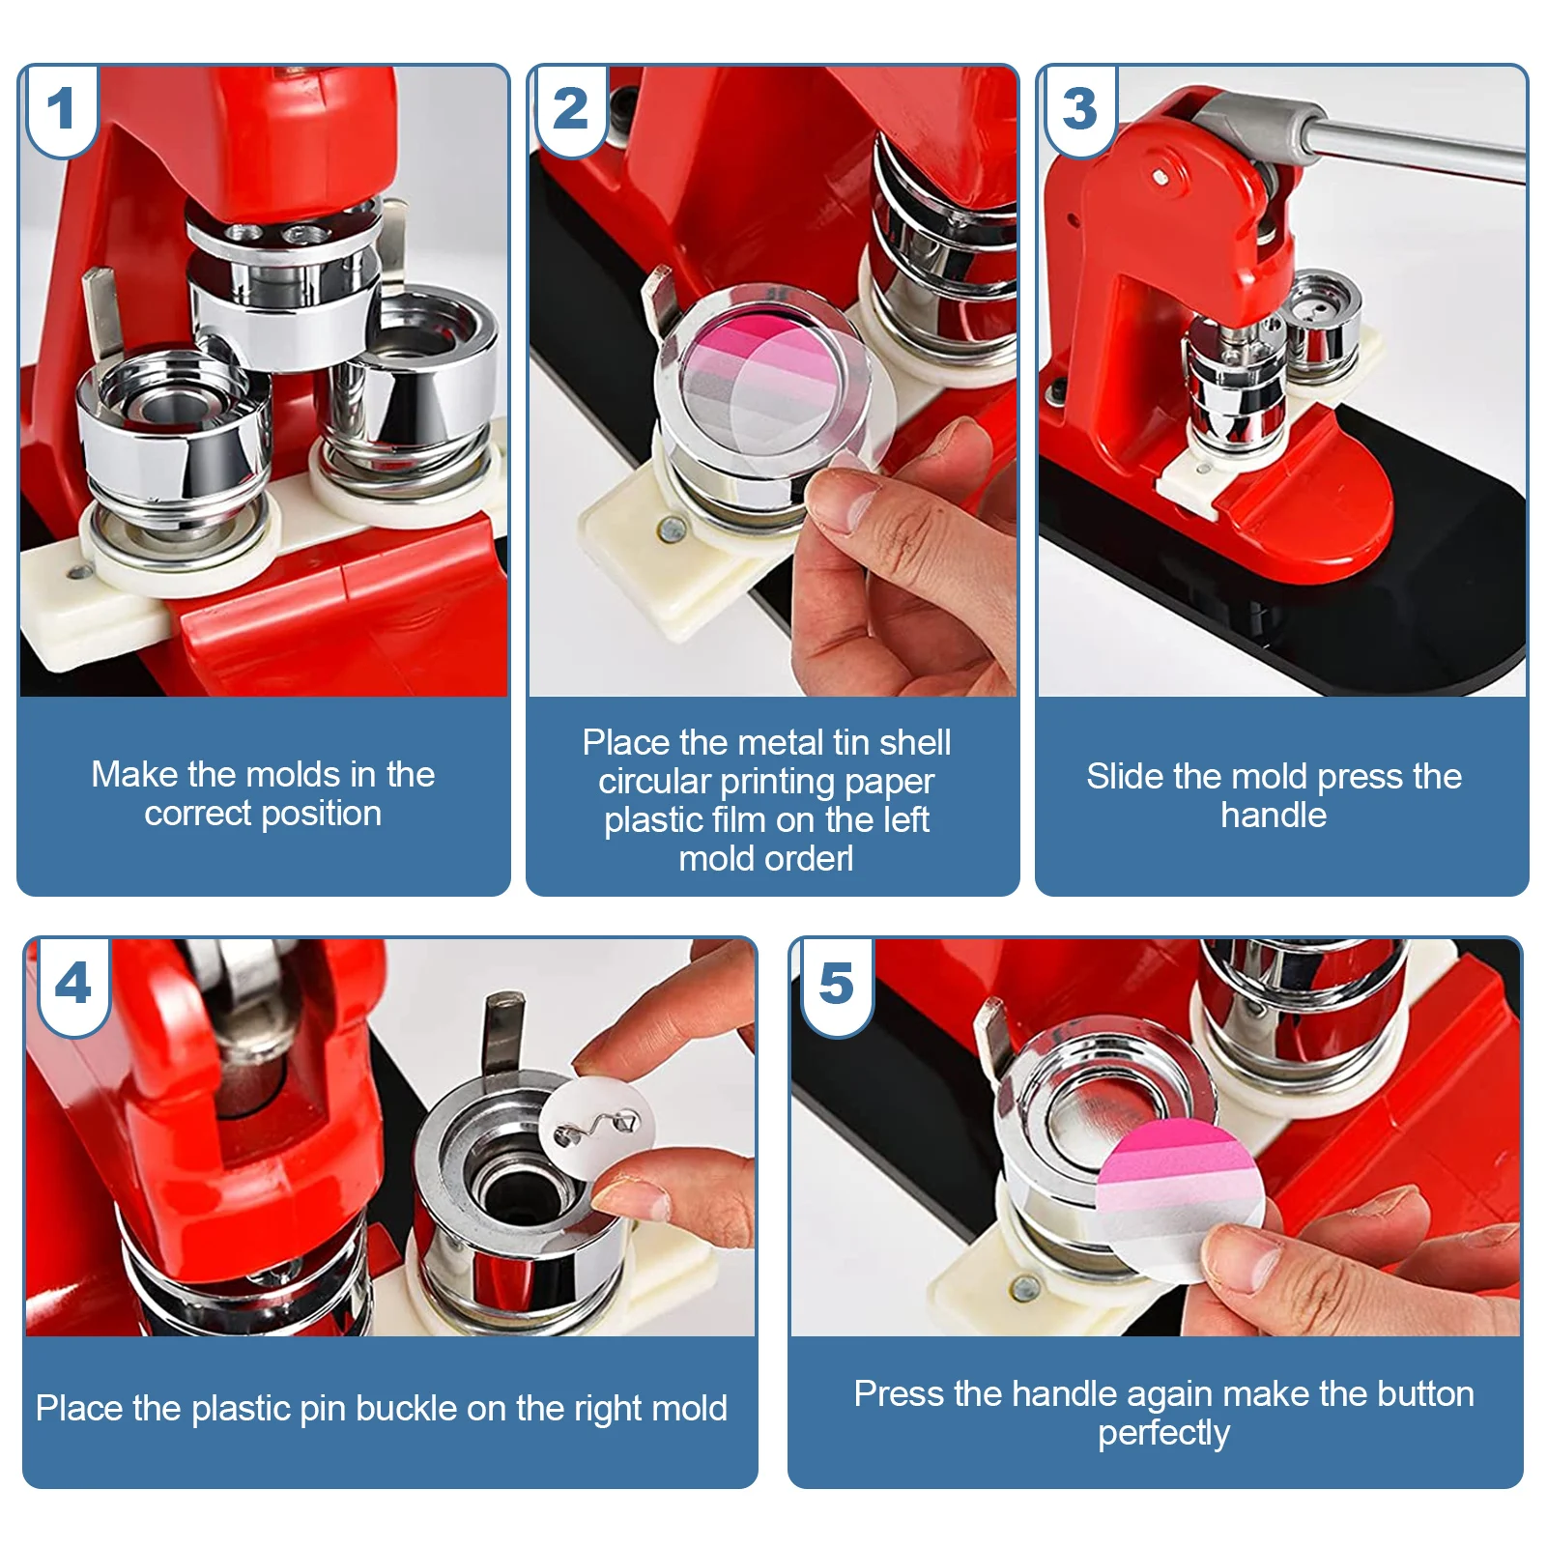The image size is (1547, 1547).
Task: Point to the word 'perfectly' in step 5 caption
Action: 1163,1434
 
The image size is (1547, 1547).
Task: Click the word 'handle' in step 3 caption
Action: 1274,816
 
